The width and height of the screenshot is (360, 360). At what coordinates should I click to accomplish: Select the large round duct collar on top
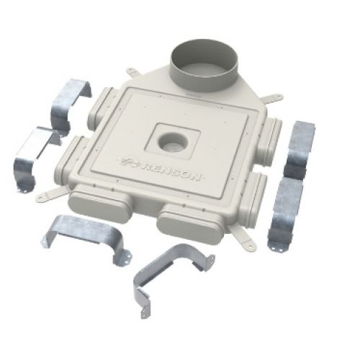[201, 66]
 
